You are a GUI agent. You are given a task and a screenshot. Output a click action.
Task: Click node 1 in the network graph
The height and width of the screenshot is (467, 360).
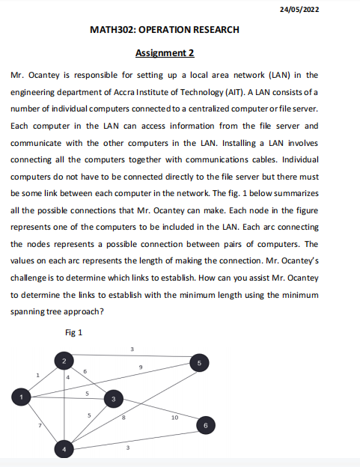coord(22,396)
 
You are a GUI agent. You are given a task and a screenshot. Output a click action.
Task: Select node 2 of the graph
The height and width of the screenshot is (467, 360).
coord(64,361)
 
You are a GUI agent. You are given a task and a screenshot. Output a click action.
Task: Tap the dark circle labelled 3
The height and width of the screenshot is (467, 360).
coord(113,400)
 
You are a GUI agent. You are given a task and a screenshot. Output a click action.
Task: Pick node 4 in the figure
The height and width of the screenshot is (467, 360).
coord(64,449)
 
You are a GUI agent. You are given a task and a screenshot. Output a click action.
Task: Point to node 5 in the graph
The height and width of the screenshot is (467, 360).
coord(198,363)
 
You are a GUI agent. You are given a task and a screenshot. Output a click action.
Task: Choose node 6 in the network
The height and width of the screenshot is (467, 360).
coord(207,424)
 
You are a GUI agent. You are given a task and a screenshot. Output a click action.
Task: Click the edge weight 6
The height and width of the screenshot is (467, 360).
coord(85,371)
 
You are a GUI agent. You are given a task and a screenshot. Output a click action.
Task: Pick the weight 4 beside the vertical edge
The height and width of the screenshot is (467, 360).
coord(67,378)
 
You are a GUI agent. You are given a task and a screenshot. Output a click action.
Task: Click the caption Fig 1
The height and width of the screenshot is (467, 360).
coord(74,332)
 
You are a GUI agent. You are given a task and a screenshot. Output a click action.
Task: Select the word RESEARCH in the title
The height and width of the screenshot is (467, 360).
coord(216,30)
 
